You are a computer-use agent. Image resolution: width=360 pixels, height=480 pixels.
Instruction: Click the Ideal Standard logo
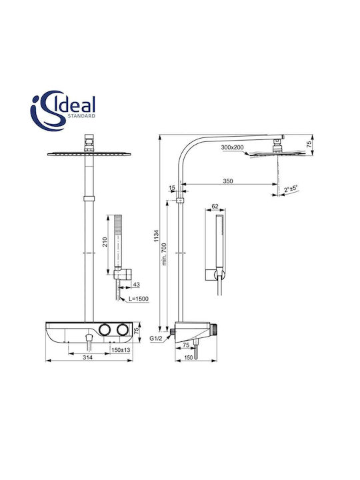(x=63, y=111)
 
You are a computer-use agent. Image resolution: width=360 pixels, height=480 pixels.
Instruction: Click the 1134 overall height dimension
(x=157, y=235)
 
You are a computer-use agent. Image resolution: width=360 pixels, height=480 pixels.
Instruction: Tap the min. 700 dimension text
(x=165, y=254)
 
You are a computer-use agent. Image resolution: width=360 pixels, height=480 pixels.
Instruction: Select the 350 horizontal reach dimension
(x=227, y=181)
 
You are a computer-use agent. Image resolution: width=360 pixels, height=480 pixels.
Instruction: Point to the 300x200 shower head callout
(x=233, y=147)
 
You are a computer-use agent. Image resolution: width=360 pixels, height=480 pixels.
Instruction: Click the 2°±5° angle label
(x=291, y=189)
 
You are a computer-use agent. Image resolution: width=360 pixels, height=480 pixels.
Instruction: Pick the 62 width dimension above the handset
(x=215, y=206)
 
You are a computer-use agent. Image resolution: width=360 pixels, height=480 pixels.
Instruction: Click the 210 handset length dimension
(x=105, y=242)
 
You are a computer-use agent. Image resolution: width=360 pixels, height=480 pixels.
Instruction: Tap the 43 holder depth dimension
(x=137, y=285)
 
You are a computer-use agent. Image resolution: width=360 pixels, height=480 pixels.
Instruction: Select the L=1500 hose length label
(x=139, y=299)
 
